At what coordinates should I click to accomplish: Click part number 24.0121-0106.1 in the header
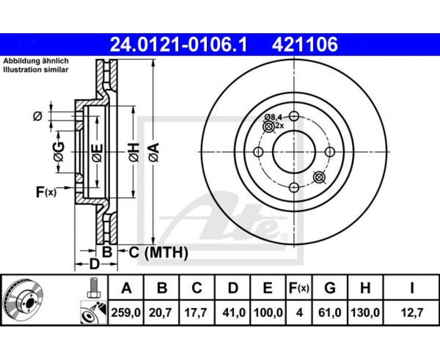(178, 45)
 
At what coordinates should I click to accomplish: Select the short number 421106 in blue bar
(305, 45)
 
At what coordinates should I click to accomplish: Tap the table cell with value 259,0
(126, 312)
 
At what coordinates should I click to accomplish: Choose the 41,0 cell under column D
(233, 312)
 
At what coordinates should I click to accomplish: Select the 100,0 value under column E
(268, 312)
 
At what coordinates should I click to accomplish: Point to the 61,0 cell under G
(330, 312)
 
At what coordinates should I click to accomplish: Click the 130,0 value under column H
(365, 312)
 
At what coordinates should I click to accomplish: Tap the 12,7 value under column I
(411, 312)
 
